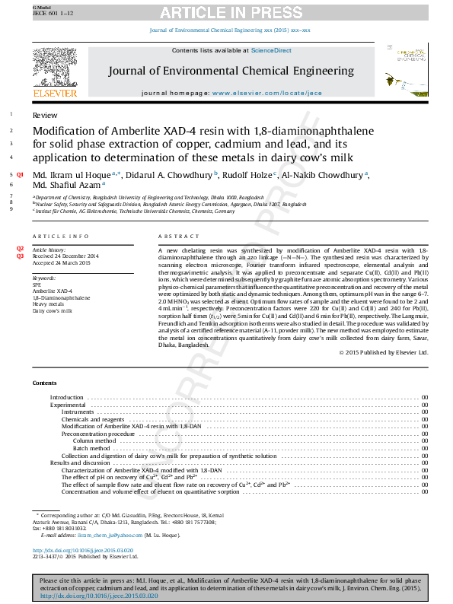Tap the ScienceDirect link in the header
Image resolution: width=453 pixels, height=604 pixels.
(272, 50)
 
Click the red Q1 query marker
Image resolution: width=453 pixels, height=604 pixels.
(21, 175)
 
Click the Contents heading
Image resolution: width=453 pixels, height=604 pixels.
(45, 383)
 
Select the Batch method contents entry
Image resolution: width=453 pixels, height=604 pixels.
(91, 449)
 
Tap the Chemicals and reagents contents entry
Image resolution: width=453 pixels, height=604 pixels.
(92, 419)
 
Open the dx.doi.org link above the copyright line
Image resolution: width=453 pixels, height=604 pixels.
(83, 550)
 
